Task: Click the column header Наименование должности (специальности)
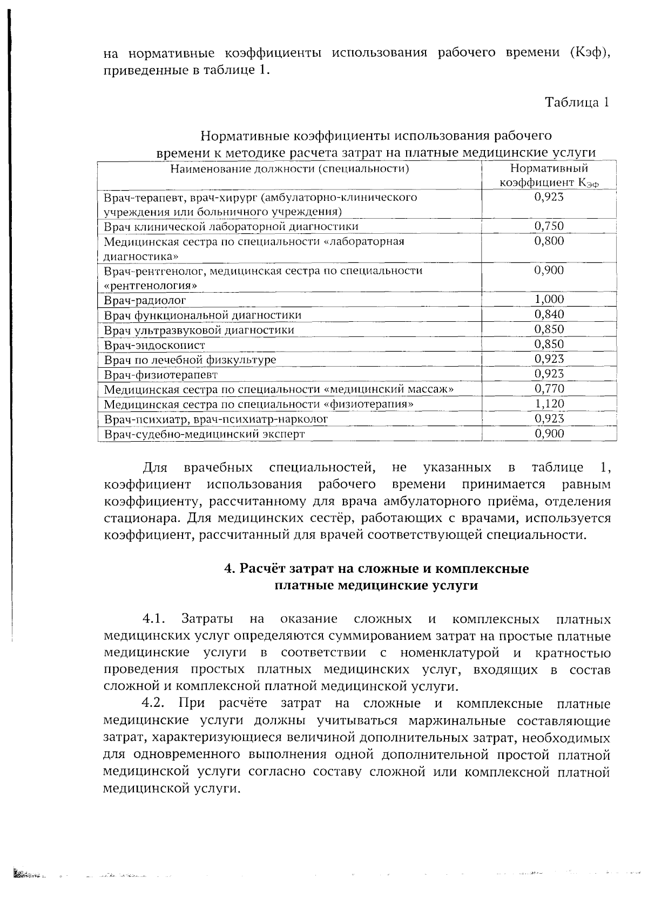289,169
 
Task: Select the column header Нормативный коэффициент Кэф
549,176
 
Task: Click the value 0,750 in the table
549,226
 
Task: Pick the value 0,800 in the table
549,241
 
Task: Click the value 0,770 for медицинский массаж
549,389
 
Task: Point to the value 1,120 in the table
549,404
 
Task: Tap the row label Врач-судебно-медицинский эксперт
204,434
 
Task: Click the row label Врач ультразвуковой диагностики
199,330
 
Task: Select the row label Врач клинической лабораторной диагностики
231,227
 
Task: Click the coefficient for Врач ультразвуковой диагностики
549,329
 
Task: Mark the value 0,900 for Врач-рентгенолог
549,271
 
